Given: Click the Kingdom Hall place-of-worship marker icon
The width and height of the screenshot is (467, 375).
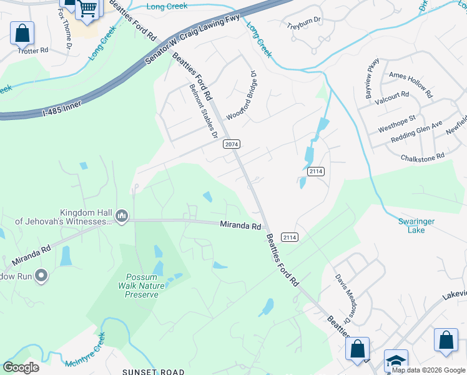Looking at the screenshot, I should point(122,217).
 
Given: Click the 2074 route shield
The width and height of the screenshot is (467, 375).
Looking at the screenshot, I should point(231,144).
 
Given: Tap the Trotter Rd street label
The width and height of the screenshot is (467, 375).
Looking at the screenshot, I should point(34,50).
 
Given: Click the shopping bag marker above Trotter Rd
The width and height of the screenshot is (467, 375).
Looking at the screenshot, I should point(22,34).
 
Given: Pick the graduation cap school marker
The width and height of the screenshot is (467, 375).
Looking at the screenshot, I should point(395,361).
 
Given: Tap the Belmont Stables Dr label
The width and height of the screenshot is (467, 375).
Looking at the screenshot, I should point(203,111).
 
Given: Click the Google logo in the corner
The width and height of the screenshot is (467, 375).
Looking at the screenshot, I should point(21,367).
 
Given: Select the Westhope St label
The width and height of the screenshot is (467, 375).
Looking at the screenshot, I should point(396,124).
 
